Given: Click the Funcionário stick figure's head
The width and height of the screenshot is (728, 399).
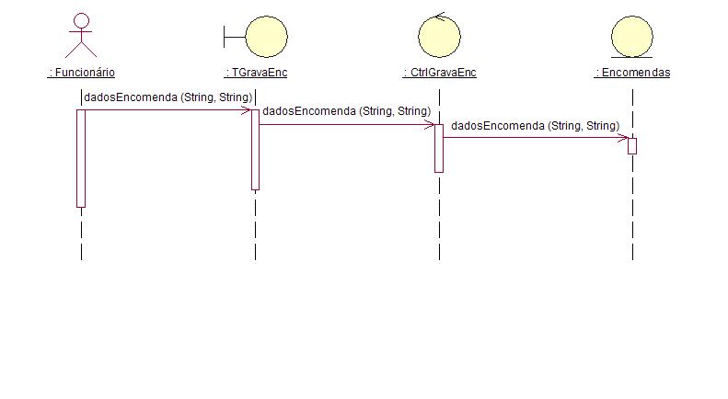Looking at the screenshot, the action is tap(81, 21).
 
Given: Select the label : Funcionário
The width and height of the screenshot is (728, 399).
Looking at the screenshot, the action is tap(81, 73).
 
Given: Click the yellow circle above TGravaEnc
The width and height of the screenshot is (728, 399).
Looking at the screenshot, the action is tap(266, 37).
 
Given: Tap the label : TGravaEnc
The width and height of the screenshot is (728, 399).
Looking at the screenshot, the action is tap(256, 73).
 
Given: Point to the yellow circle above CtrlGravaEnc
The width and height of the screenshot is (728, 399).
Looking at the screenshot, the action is tap(439, 37).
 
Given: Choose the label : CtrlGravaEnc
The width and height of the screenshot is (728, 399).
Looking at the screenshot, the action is tap(439, 73).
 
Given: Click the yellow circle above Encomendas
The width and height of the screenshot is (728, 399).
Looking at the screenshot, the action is tap(632, 37).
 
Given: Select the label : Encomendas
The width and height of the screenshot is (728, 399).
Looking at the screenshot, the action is tap(632, 73).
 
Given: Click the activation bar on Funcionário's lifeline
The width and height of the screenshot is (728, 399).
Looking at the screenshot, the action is tap(81, 158).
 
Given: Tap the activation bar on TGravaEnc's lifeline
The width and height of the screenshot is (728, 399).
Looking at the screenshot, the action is tap(255, 150).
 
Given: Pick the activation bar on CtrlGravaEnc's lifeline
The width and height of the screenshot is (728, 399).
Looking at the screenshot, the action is tap(439, 148).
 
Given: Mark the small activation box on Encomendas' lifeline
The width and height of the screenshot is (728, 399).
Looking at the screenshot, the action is tap(632, 146).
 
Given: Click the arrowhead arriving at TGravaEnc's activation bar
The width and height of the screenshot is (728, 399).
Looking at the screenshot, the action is tap(247, 110).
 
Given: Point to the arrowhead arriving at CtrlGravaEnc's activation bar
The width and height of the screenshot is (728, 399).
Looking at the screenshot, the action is tap(430, 124).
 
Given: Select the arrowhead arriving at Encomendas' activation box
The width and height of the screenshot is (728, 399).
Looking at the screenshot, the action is tap(623, 138).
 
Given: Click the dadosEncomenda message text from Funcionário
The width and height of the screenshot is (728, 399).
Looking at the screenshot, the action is tap(168, 97).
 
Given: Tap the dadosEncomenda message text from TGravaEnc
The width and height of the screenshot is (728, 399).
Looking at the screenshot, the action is tap(346, 111).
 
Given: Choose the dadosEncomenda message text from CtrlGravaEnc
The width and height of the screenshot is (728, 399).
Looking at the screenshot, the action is tap(536, 126).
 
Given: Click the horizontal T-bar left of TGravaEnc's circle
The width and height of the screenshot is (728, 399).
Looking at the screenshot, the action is tap(235, 37).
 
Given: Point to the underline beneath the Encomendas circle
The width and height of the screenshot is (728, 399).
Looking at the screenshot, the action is tap(632, 58).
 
